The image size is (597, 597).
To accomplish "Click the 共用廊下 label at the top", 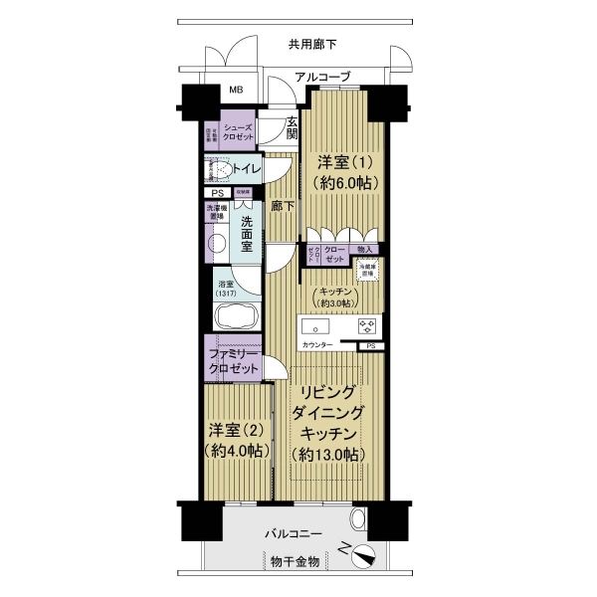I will point(312,44).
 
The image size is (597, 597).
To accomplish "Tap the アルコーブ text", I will point(323,77).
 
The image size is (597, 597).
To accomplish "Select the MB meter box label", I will point(237,91).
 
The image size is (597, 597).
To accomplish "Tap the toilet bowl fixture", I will point(220,170).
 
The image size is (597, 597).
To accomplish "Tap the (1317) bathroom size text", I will point(227,295).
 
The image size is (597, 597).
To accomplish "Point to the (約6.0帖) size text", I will point(340,184).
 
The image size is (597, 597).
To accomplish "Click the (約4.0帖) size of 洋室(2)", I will point(237,451).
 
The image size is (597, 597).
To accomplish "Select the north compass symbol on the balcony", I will point(361,553).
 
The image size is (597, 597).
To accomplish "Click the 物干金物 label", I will point(295,563).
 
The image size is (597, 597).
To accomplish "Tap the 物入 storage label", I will point(364,250).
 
